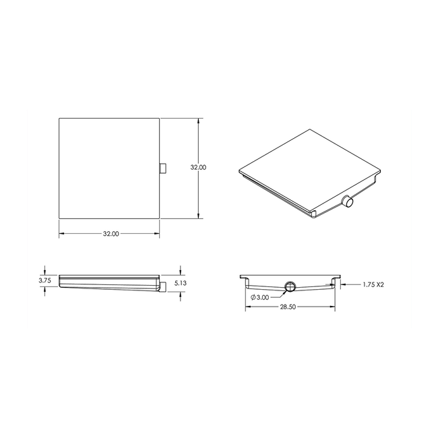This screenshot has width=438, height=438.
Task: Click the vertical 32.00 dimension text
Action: coord(198,167)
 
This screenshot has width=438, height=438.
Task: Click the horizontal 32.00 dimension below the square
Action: coord(111,234)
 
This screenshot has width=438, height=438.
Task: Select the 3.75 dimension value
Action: coord(44,280)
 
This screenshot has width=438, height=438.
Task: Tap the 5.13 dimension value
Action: coord(180,284)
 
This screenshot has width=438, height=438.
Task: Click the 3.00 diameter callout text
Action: coord(263,296)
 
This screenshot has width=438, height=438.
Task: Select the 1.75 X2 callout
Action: coord(373,285)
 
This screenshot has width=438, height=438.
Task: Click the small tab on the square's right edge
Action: coord(162,168)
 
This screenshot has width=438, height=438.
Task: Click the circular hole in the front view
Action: coord(290,286)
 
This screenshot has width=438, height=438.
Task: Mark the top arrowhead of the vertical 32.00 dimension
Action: coord(198,121)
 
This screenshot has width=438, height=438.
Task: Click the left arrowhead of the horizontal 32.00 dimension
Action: coord(61,234)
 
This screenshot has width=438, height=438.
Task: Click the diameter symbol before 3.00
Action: coord(253,296)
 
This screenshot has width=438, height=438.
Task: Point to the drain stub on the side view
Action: coord(162,288)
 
